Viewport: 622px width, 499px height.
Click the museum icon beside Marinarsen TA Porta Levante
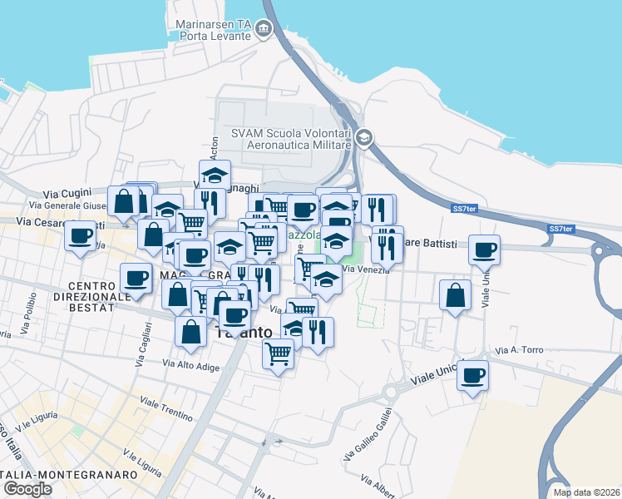[264, 30]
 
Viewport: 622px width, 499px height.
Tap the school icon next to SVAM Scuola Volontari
[363, 138]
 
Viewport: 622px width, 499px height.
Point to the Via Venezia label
[364, 269]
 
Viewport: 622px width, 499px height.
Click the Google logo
[27, 489]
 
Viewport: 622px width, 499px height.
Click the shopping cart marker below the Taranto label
[278, 353]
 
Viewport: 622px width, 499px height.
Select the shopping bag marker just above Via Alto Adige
[191, 331]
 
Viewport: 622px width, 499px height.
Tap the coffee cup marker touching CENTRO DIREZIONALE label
[136, 278]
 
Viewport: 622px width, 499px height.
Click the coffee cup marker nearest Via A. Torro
[472, 375]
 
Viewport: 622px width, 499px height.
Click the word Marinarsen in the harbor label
[200, 25]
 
